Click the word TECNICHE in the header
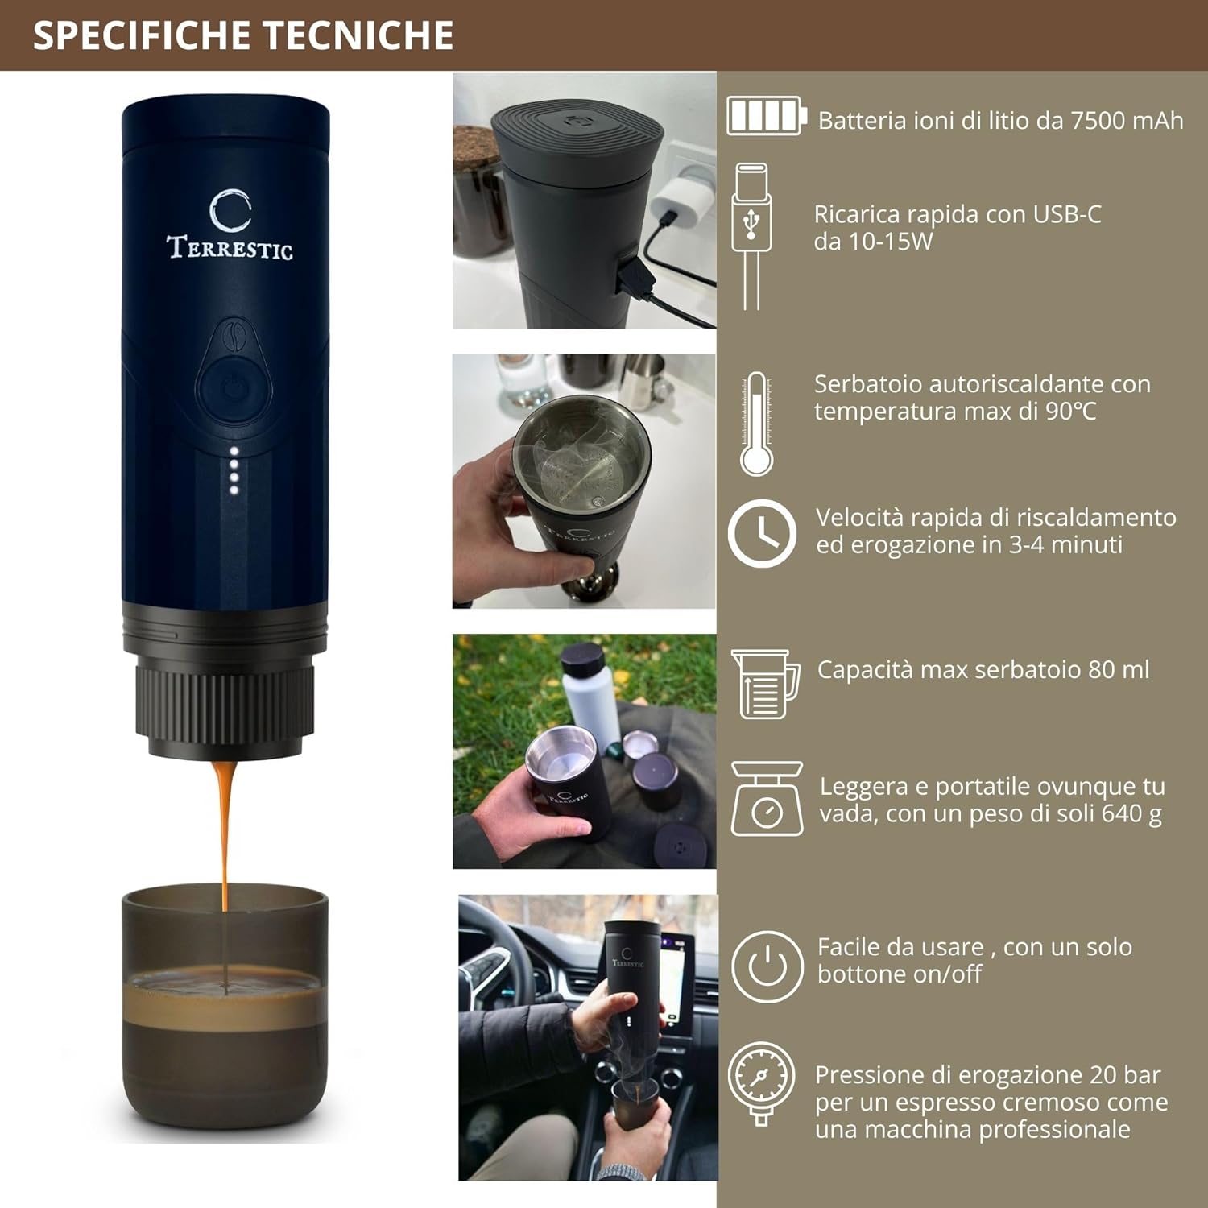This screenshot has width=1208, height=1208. (358, 35)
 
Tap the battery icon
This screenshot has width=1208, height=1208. (766, 116)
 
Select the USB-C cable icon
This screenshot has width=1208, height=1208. (751, 235)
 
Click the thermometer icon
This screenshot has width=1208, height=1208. (757, 424)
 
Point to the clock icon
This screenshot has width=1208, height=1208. (762, 533)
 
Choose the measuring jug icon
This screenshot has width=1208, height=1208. (765, 684)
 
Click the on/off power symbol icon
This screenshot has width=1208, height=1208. (767, 966)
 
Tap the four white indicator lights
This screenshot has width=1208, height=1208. (234, 470)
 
